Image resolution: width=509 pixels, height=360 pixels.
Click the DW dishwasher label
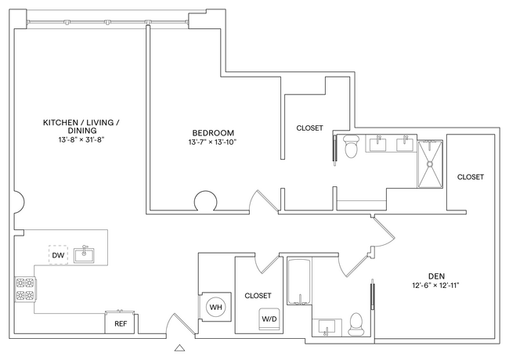point(57,256)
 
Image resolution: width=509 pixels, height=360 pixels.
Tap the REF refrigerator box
point(121,322)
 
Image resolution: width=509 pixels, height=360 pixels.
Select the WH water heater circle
point(215,308)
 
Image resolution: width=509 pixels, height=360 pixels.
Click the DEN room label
point(437,275)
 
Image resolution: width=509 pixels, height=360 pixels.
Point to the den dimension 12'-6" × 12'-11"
point(437,285)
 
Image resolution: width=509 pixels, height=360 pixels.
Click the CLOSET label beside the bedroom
point(309,128)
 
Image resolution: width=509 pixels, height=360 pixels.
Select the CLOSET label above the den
point(471,177)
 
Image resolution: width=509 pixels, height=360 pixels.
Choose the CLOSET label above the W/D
point(258,295)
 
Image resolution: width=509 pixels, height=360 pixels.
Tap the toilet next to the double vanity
point(351,147)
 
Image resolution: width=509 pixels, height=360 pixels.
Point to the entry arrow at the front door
point(181,346)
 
